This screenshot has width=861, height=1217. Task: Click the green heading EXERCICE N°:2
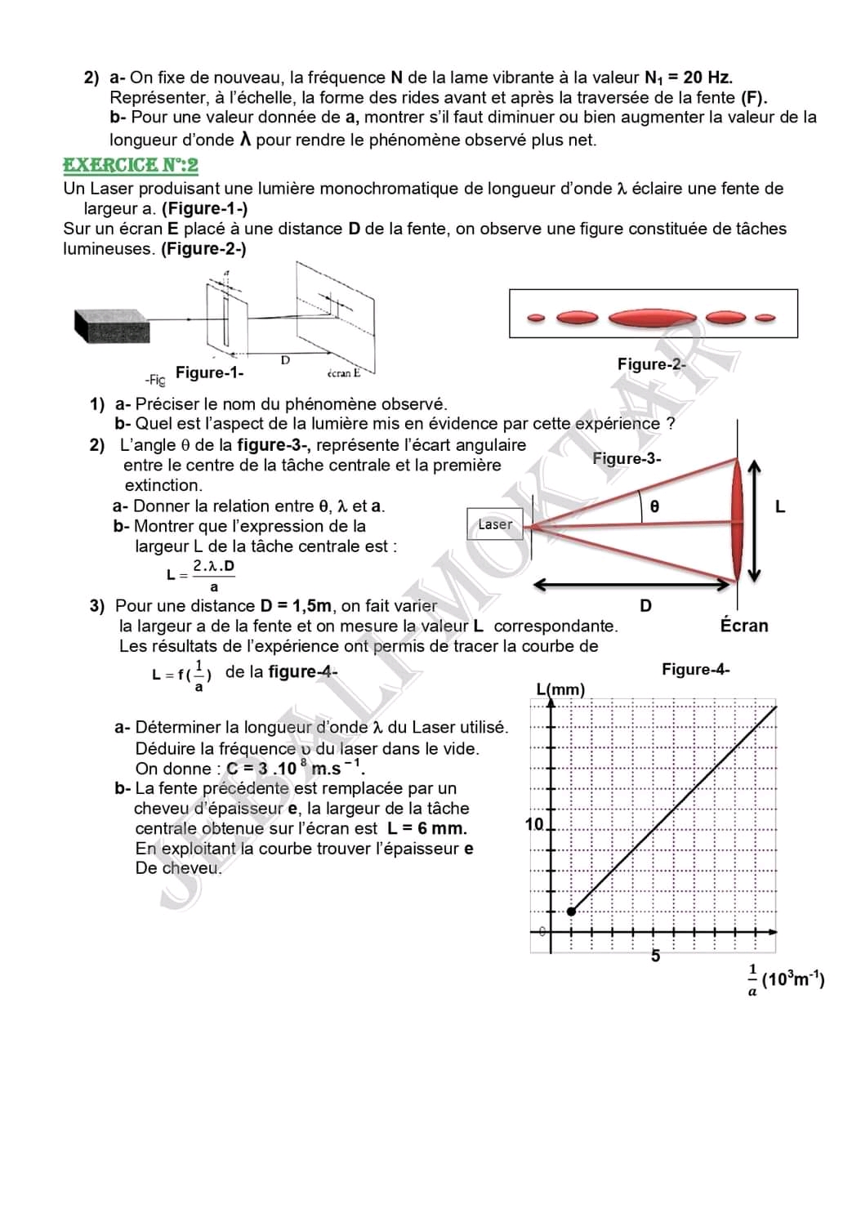pyautogui.click(x=131, y=165)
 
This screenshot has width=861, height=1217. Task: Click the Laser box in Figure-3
pyautogui.click(x=495, y=524)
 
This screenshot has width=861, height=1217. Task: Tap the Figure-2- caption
pyautogui.click(x=651, y=364)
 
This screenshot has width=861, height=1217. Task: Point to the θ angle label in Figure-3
pyautogui.click(x=654, y=506)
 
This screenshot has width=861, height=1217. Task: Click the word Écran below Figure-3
pyautogui.click(x=743, y=626)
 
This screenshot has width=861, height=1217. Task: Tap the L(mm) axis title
pyautogui.click(x=560, y=689)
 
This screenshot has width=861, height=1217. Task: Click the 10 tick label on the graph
pyautogui.click(x=534, y=824)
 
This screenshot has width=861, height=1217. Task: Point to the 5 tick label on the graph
pyautogui.click(x=655, y=956)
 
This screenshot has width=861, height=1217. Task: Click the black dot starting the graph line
pyautogui.click(x=571, y=911)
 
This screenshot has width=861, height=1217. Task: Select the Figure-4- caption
pyautogui.click(x=695, y=670)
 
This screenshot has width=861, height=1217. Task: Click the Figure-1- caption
pyautogui.click(x=209, y=372)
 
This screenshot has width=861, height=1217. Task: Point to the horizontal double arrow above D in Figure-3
pyautogui.click(x=631, y=585)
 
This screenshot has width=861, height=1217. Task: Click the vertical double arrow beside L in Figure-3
pyautogui.click(x=754, y=519)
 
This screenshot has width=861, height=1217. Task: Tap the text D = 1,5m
pyautogui.click(x=297, y=606)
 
